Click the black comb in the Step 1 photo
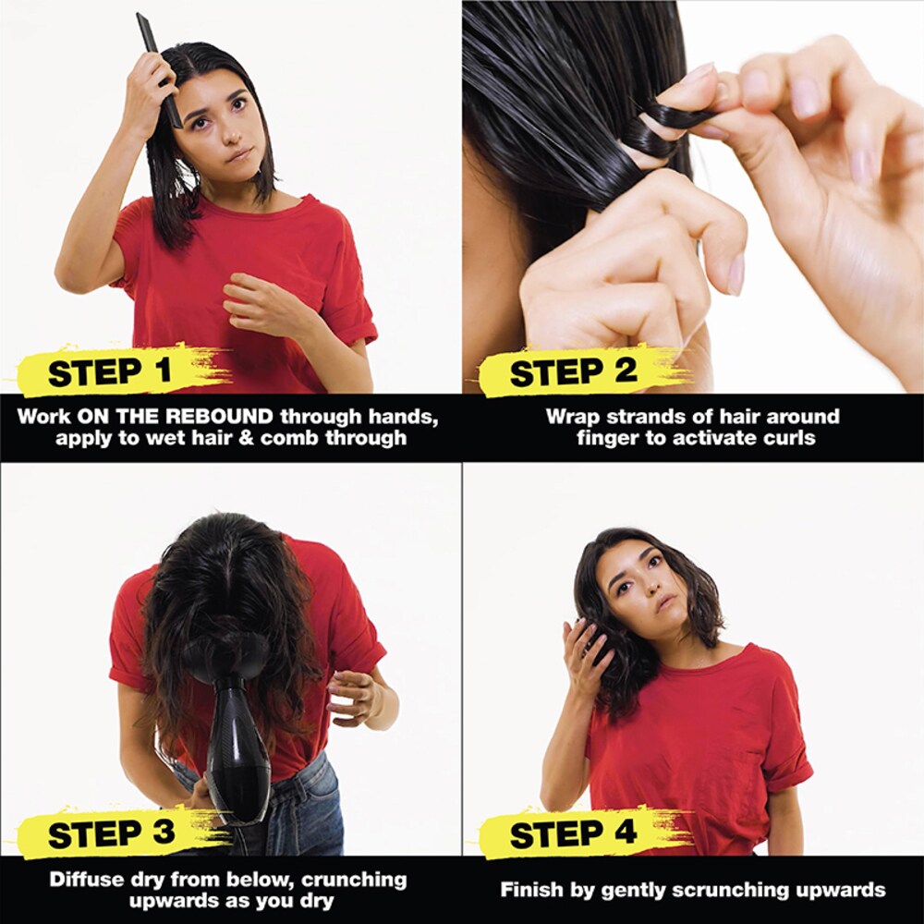click(x=159, y=69)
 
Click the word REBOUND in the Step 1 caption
click(x=218, y=417)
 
